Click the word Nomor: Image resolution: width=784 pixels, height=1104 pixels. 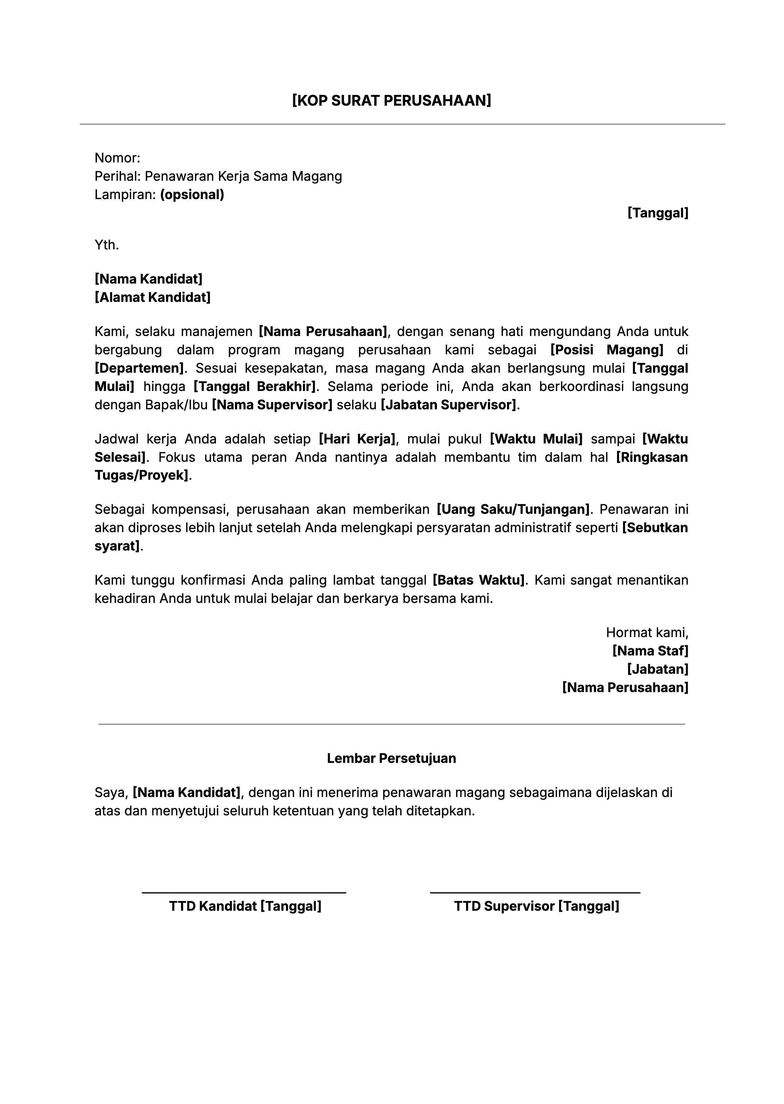(x=117, y=158)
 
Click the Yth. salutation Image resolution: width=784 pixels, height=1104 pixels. (x=106, y=245)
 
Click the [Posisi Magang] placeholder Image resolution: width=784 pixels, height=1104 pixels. (x=607, y=350)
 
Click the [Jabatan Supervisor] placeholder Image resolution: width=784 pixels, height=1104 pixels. (x=448, y=405)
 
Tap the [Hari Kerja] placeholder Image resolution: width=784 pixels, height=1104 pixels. (x=357, y=439)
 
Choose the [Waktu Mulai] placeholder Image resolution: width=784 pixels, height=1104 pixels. (x=536, y=439)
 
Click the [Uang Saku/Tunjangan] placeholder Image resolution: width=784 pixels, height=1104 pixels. (x=513, y=509)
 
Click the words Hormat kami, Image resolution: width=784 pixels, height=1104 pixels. (x=647, y=632)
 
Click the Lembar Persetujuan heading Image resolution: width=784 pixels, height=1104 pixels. (x=392, y=758)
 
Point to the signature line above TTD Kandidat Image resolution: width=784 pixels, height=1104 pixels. (x=244, y=893)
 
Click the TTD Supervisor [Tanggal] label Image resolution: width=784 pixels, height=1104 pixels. (x=536, y=906)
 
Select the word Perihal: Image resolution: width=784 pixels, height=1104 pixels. (x=117, y=176)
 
